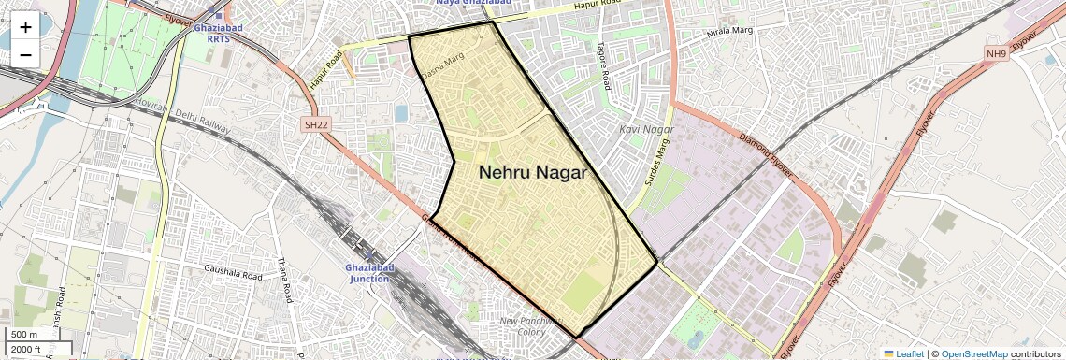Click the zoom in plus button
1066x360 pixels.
[x=25, y=26]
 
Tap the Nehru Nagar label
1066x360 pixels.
[x=533, y=172]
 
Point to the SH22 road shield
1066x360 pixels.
[x=316, y=123]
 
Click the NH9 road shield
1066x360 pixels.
[x=996, y=54]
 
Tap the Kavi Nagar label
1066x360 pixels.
[x=646, y=128]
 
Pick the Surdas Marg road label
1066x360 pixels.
[x=658, y=160]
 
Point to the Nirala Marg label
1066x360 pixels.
[x=731, y=36]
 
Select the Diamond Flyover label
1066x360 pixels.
[x=766, y=155]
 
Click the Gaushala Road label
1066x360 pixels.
[x=233, y=270]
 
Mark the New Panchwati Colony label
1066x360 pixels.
[x=529, y=326]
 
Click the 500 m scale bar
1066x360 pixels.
[x=26, y=335]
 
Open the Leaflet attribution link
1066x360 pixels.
[x=903, y=353]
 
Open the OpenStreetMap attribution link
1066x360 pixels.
[x=973, y=353]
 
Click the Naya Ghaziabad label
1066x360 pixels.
[x=474, y=3]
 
